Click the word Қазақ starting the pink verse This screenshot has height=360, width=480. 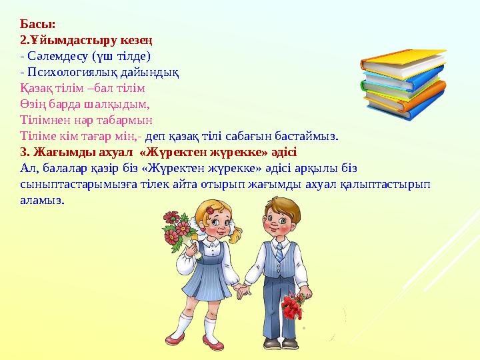pyautogui.click(x=34, y=87)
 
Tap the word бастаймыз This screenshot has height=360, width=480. pyautogui.click(x=308, y=136)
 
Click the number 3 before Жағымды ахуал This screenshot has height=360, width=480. pyautogui.click(x=23, y=152)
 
